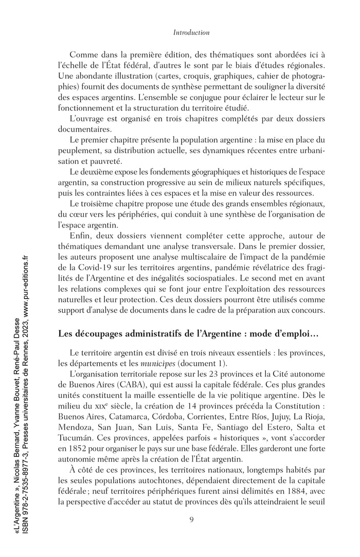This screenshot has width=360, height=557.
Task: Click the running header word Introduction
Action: [x=191, y=32]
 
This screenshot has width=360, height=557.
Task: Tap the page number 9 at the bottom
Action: [x=191, y=519]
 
